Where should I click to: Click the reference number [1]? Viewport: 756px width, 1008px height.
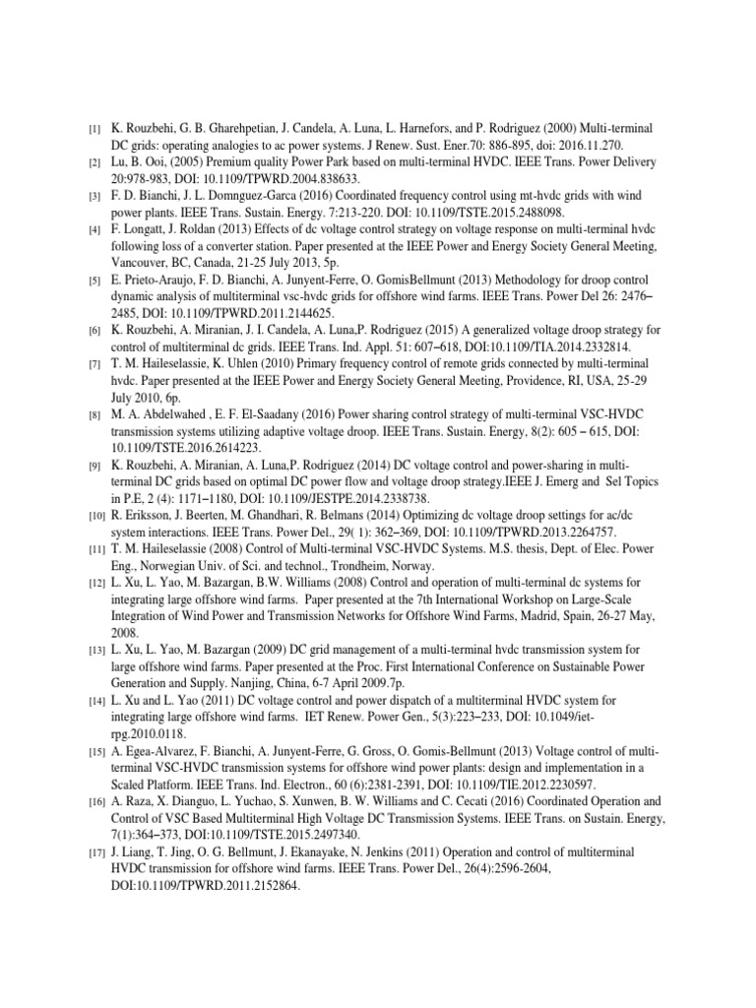[x=94, y=129]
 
